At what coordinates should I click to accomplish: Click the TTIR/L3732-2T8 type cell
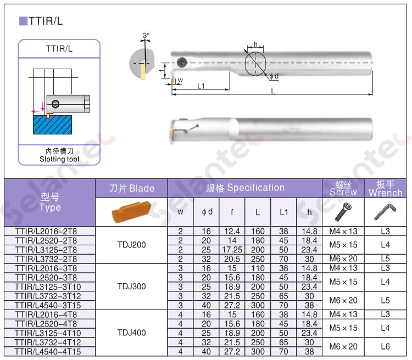coord(46,259)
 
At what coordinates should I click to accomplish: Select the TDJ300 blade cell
coord(131,286)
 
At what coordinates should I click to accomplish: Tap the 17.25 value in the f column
coord(232,250)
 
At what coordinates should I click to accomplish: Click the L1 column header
coord(283,212)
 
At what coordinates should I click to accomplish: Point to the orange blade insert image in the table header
coord(132,212)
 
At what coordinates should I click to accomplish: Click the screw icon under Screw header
coord(343,212)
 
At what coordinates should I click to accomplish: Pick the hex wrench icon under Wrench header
coord(385,212)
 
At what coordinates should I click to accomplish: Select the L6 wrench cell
coord(385,347)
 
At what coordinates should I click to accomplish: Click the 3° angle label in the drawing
coord(146,35)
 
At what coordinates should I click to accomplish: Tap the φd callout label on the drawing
coord(274,76)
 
